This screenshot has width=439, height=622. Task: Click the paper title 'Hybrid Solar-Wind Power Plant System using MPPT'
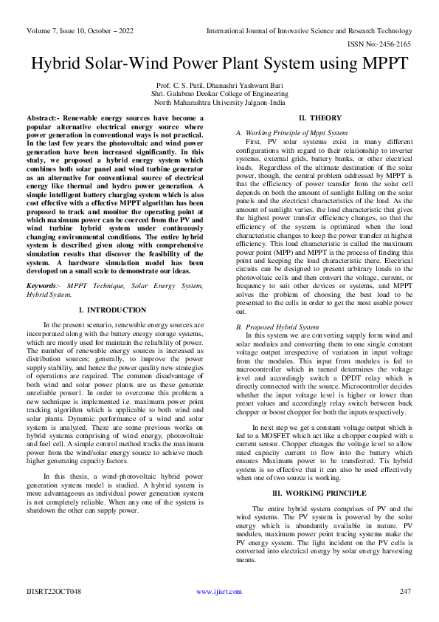click(x=219, y=64)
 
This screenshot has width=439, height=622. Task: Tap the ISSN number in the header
click(x=387, y=44)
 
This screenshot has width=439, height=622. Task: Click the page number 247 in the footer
click(x=404, y=592)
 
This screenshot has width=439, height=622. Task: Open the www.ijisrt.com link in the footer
click(x=219, y=592)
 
